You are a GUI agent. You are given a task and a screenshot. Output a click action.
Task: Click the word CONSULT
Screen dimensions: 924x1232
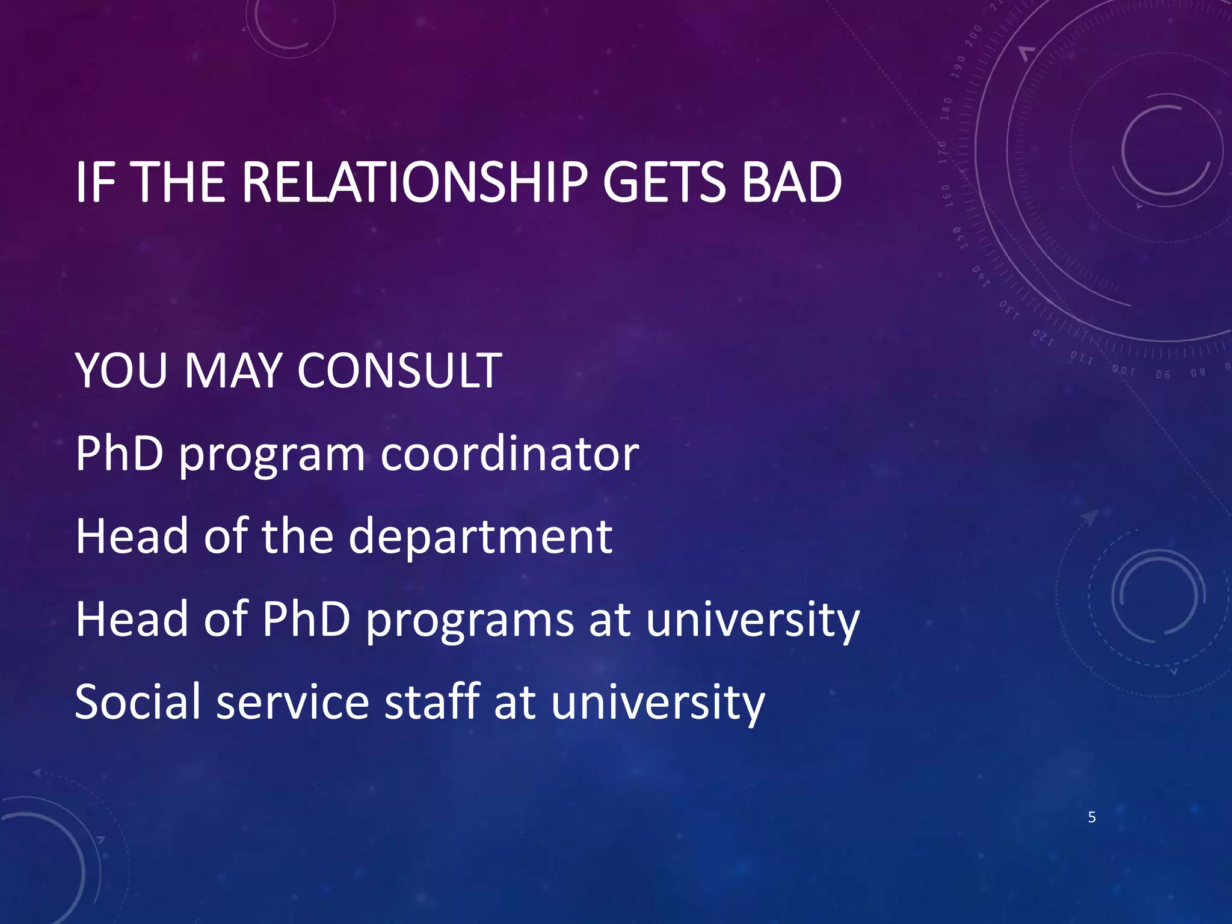tap(399, 371)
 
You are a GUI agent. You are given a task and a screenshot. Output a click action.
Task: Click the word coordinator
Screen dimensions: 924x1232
tap(510, 454)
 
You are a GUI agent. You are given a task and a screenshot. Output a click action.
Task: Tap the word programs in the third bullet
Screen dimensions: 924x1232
tap(470, 621)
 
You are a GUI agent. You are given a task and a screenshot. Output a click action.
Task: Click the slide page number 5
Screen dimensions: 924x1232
tap(1092, 818)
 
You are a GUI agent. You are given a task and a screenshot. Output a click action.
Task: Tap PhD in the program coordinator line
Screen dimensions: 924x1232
tap(120, 454)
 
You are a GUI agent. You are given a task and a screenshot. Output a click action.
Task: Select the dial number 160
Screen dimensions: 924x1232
tap(946, 196)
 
